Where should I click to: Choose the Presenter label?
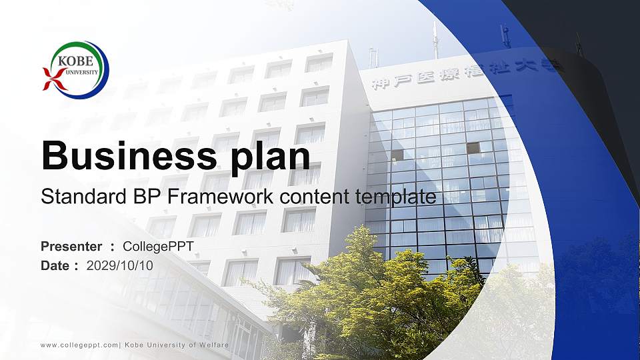(71, 247)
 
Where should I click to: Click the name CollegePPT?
(159, 247)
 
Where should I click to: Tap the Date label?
(55, 265)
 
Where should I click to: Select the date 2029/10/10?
(120, 265)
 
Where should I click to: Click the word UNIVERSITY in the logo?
(81, 72)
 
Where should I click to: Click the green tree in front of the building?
(373, 293)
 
